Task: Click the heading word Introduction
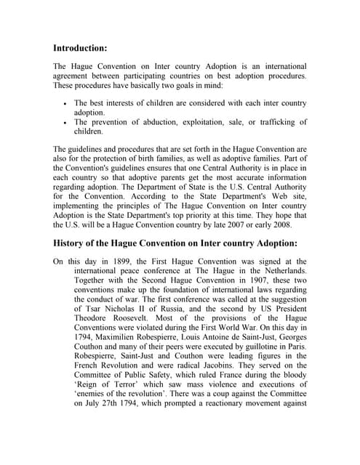click(x=80, y=48)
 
